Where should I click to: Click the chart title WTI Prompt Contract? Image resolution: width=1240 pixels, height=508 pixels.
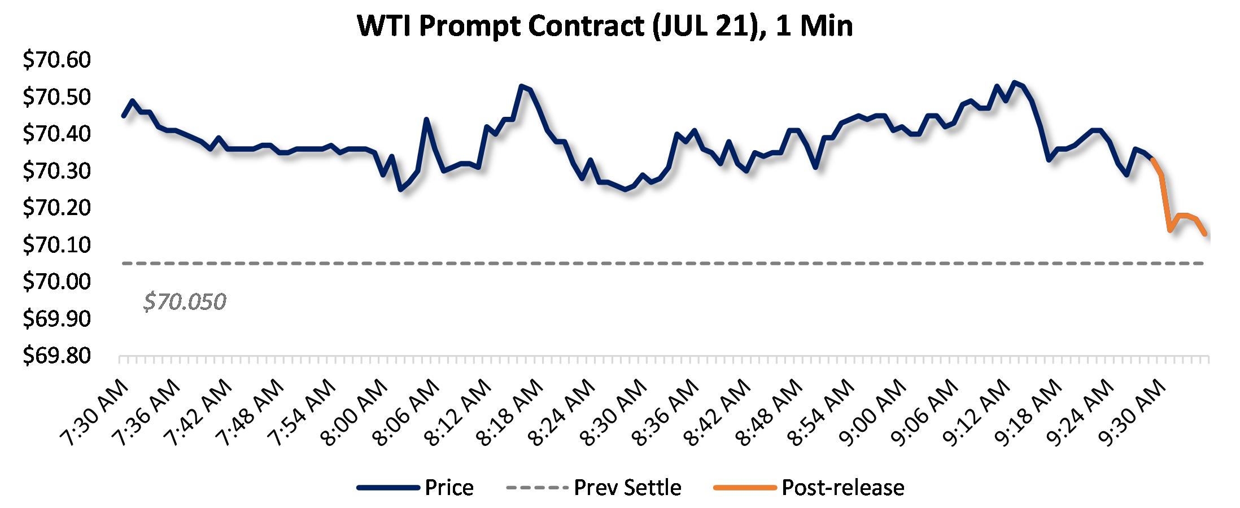(605, 26)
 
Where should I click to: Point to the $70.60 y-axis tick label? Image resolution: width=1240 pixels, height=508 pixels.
(56, 60)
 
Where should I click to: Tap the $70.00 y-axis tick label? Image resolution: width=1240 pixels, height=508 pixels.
(56, 282)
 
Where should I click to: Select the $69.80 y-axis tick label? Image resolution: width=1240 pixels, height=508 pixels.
(56, 356)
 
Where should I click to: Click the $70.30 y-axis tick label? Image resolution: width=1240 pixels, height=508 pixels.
(56, 170)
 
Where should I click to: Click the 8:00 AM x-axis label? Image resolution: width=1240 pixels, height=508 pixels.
(354, 413)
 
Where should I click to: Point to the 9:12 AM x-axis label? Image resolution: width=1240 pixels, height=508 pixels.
(976, 413)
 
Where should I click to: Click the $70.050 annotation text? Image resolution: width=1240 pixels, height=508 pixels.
(185, 302)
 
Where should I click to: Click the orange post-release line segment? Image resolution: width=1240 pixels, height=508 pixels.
(1165, 203)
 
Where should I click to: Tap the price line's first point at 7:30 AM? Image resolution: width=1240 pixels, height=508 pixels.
(124, 116)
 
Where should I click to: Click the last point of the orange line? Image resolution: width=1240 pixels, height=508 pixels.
(1205, 233)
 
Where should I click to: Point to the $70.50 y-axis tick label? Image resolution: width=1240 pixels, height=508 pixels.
(56, 97)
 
